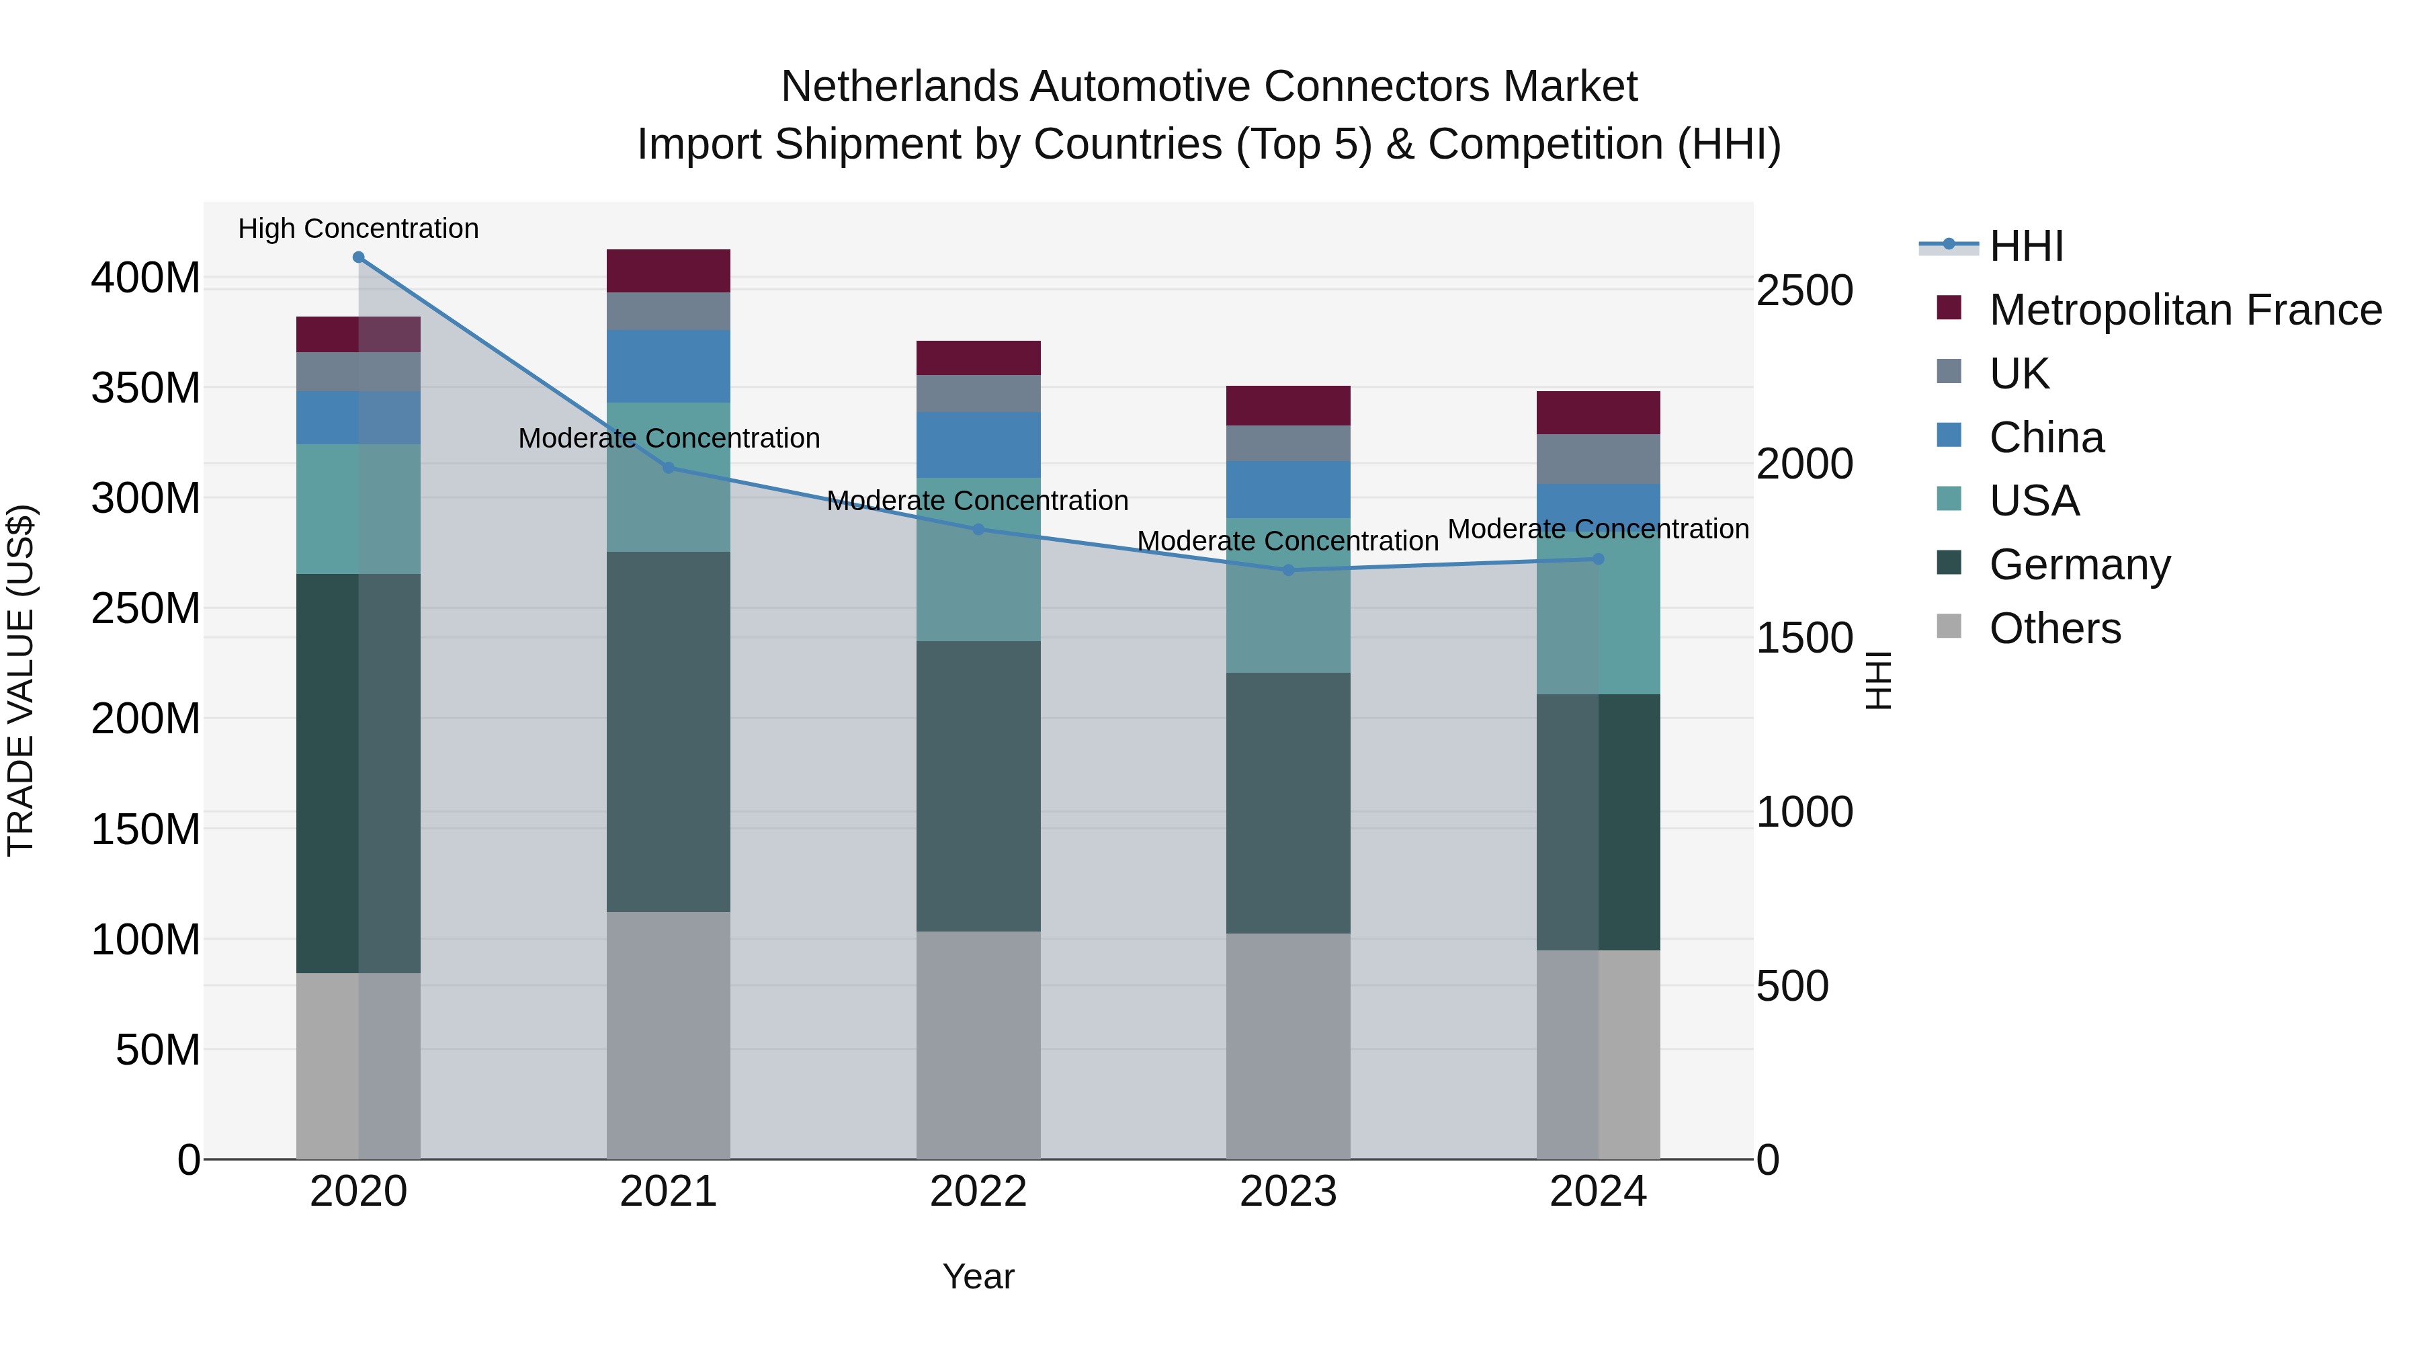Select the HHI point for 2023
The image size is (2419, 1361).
(x=1287, y=570)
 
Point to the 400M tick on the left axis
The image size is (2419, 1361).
(x=146, y=278)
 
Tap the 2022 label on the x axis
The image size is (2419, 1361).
(x=978, y=1192)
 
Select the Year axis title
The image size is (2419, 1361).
(x=978, y=1276)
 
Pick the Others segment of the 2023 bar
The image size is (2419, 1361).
(x=1287, y=1044)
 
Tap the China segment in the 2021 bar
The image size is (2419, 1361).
(x=668, y=366)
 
